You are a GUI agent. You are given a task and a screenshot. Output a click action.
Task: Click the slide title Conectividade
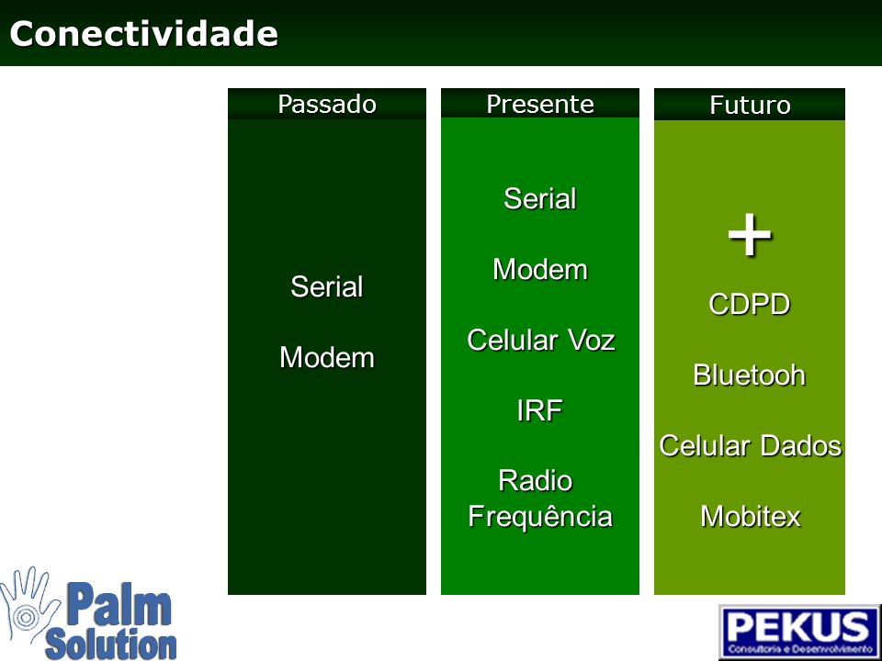[144, 34]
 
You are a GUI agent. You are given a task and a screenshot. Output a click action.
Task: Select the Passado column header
[327, 104]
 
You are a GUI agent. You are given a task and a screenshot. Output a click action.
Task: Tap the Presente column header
[540, 104]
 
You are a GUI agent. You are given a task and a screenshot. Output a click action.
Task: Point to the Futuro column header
[750, 105]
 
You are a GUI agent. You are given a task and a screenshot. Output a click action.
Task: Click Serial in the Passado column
[327, 286]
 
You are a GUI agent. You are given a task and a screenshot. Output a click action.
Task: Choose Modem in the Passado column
[327, 357]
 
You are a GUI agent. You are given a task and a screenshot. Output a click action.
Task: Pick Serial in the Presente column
[540, 198]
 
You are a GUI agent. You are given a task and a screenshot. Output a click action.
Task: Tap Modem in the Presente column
[540, 269]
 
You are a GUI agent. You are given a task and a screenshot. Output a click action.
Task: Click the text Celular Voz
[540, 340]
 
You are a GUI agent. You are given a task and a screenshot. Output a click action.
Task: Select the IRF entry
[539, 410]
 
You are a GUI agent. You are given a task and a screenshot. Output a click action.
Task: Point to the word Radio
[536, 480]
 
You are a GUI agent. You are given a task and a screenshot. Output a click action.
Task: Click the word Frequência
[540, 517]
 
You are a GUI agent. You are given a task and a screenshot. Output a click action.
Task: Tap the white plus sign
[750, 234]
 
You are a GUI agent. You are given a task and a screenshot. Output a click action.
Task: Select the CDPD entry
[750, 305]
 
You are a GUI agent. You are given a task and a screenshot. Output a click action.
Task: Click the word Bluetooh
[750, 375]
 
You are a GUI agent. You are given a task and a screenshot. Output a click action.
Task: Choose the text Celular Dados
[751, 446]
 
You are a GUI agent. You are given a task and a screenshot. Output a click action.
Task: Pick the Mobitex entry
[751, 516]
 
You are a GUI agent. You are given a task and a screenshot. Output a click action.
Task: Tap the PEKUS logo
[799, 632]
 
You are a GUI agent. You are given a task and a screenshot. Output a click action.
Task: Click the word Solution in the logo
[111, 644]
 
